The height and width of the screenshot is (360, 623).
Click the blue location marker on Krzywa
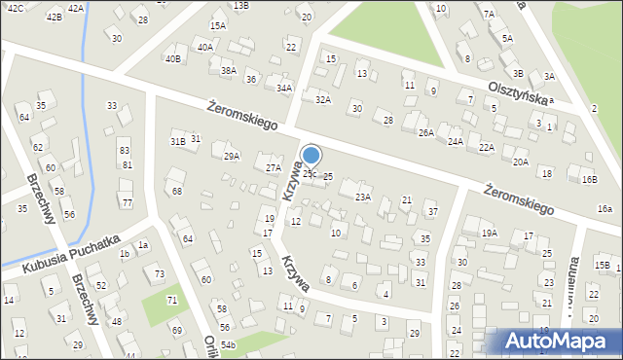click(x=311, y=156)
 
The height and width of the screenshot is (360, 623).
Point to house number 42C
click(x=16, y=7)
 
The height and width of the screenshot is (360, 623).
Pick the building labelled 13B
click(x=240, y=6)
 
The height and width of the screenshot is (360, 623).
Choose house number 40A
click(x=204, y=47)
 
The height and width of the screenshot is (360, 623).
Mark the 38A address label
click(x=229, y=70)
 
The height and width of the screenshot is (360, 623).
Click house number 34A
click(x=284, y=88)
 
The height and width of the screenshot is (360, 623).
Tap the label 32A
click(x=323, y=98)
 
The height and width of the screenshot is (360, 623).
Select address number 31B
click(x=177, y=141)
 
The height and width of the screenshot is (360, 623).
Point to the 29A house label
click(x=232, y=156)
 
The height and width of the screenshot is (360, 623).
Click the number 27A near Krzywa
click(x=274, y=167)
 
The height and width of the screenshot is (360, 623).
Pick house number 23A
click(x=362, y=197)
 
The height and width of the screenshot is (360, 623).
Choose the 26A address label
click(x=425, y=131)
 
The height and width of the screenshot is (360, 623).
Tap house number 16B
click(x=589, y=179)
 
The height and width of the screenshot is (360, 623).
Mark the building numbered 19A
click(x=489, y=233)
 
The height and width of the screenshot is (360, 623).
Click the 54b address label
click(x=228, y=345)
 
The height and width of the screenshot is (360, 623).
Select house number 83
click(x=125, y=151)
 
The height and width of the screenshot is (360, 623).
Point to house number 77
click(x=127, y=202)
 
